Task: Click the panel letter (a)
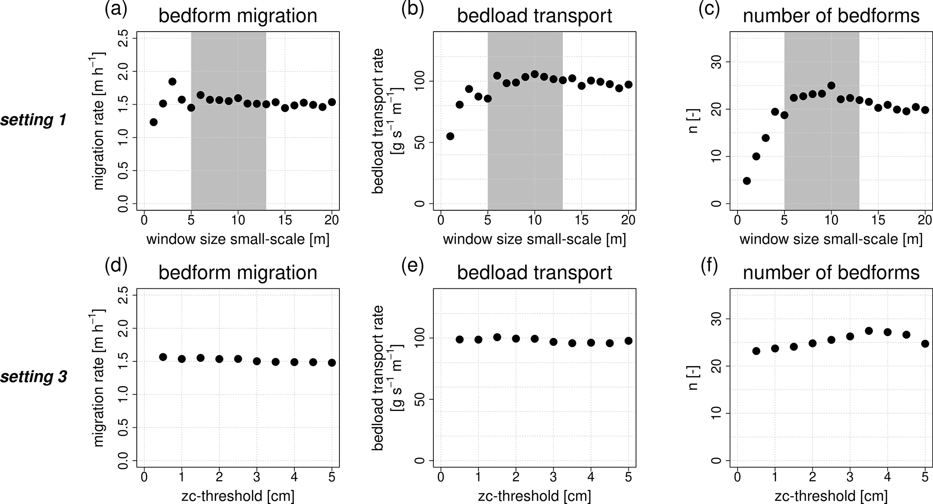pos(116,9)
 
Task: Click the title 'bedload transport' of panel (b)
pos(534,16)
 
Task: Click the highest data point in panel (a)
pos(172,82)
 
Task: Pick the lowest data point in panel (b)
pos(450,136)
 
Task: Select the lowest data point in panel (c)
pos(747,181)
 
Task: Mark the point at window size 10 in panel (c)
pos(831,86)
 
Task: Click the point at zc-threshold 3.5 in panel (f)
pos(869,331)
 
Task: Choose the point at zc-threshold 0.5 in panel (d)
pos(163,357)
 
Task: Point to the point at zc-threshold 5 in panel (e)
pos(628,341)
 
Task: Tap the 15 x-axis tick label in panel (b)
pos(581,221)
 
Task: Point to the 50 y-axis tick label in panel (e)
pos(421,399)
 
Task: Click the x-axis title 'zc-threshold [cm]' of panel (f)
pos(831,496)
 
